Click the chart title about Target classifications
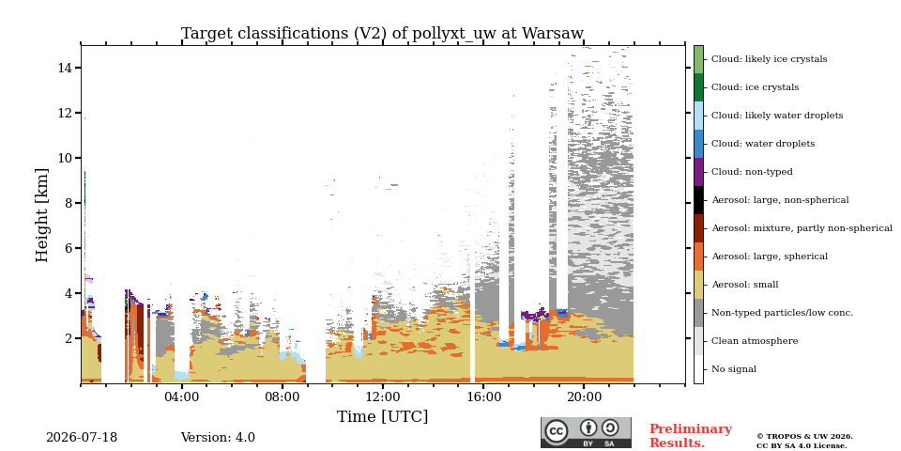pyautogui.click(x=382, y=34)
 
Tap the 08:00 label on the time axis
pyautogui.click(x=283, y=397)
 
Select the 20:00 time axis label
pyautogui.click(x=585, y=397)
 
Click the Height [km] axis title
pyautogui.click(x=42, y=215)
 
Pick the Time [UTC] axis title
pyautogui.click(x=382, y=416)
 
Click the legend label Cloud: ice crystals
pyautogui.click(x=755, y=87)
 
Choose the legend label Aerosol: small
pyautogui.click(x=744, y=285)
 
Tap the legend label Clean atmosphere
pyautogui.click(x=755, y=341)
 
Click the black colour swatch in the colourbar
pyautogui.click(x=698, y=200)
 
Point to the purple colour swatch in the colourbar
pyautogui.click(x=698, y=172)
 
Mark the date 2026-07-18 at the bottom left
pyautogui.click(x=82, y=438)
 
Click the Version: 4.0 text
pyautogui.click(x=218, y=438)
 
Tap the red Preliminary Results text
pyautogui.click(x=691, y=436)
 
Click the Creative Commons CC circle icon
pyautogui.click(x=557, y=431)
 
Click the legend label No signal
pyautogui.click(x=734, y=369)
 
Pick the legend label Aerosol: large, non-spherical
pyautogui.click(x=780, y=200)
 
